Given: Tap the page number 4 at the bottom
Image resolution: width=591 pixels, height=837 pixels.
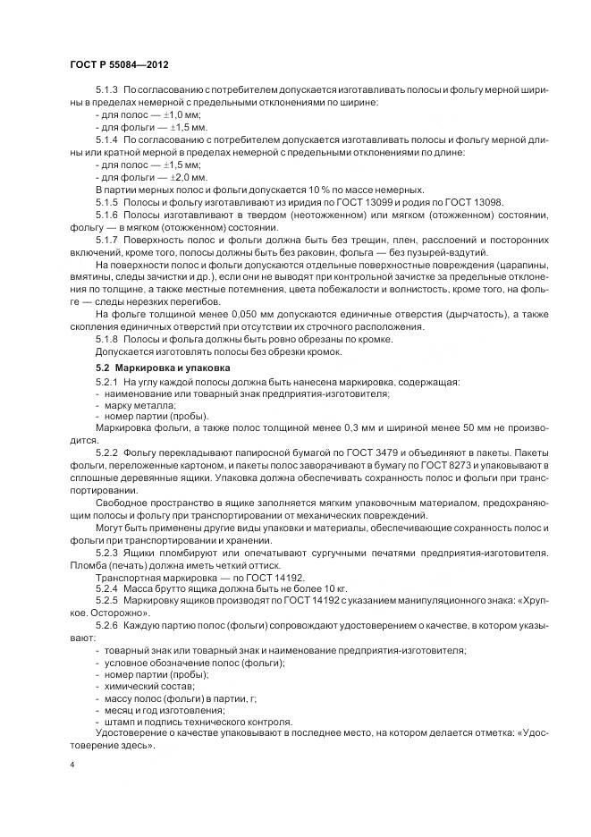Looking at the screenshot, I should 72,766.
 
